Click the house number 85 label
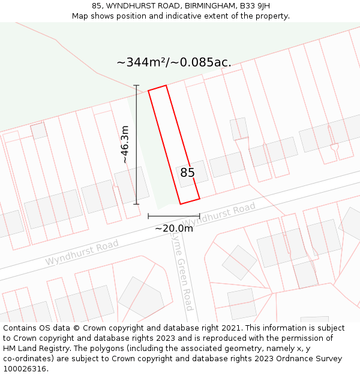click(187, 173)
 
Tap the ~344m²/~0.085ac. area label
click(173, 62)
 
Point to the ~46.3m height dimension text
click(124, 144)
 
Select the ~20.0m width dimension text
click(174, 228)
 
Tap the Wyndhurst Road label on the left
click(82, 253)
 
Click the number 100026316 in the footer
click(25, 369)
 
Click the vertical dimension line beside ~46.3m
click(136, 144)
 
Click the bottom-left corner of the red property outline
click(181, 204)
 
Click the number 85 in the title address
click(97, 5)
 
